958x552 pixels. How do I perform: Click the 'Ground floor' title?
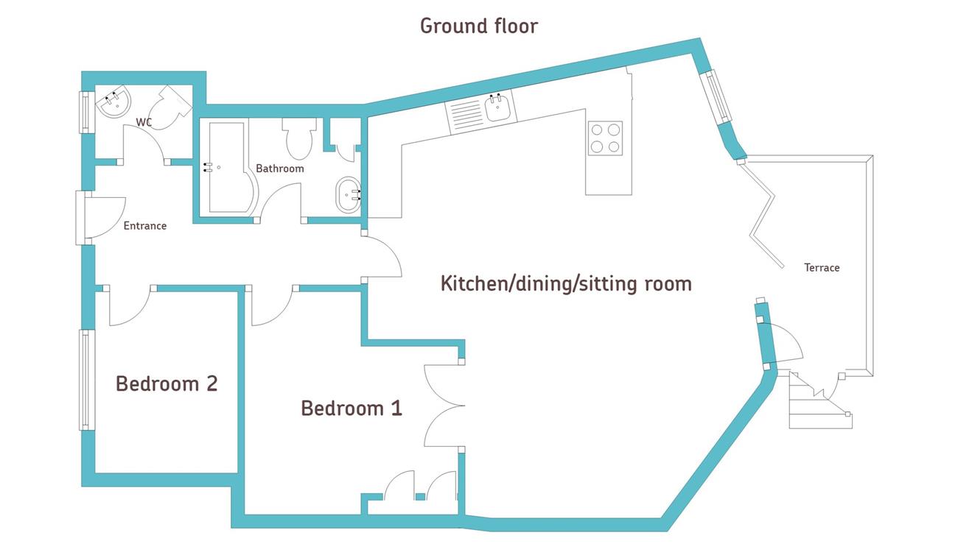click(x=478, y=26)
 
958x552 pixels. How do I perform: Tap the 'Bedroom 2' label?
click(x=167, y=383)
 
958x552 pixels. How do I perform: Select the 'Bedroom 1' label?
click(x=352, y=408)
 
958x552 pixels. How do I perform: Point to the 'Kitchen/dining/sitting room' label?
click(x=566, y=284)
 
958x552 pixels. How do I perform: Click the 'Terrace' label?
click(x=822, y=268)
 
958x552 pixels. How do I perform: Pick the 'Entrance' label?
click(x=145, y=226)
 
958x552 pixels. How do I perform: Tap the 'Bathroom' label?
click(x=280, y=169)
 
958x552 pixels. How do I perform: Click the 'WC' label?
click(x=144, y=122)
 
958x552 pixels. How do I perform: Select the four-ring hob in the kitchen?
click(x=605, y=138)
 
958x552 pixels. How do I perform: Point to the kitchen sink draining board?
click(x=466, y=116)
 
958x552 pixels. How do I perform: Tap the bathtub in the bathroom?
click(x=229, y=167)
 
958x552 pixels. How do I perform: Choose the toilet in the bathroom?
click(x=299, y=138)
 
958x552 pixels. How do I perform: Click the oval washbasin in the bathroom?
click(x=348, y=195)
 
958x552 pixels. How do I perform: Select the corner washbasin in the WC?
click(x=113, y=100)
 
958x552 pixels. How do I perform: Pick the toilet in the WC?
click(x=172, y=107)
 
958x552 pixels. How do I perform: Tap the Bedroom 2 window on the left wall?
click(x=86, y=379)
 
